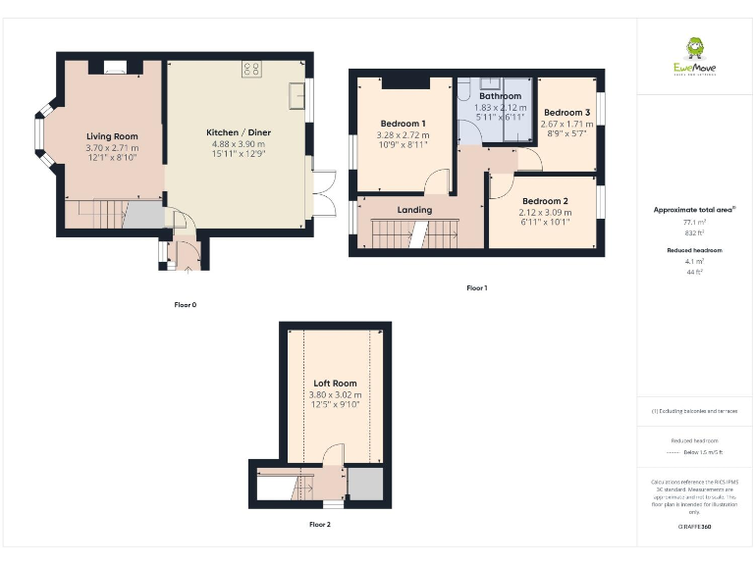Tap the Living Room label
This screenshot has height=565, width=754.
(112, 136)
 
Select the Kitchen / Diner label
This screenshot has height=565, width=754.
(238, 132)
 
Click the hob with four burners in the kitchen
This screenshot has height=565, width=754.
(250, 69)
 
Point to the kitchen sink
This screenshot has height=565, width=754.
(296, 96)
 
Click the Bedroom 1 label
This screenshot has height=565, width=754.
(404, 124)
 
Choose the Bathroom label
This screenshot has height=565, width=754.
(501, 96)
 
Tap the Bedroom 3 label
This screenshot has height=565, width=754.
(566, 113)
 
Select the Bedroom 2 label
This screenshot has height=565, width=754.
(546, 201)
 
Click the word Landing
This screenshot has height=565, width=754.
(414, 210)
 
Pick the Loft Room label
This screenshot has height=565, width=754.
(335, 384)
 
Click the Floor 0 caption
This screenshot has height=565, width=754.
(186, 305)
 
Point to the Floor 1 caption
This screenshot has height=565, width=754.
(477, 288)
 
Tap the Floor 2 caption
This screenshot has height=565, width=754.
(320, 525)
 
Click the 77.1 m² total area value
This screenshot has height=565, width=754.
(695, 223)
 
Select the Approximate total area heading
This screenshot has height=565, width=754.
(694, 210)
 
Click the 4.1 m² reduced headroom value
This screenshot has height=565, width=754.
(695, 262)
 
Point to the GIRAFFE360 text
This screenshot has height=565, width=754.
(695, 528)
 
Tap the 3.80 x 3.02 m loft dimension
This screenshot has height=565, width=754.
(335, 394)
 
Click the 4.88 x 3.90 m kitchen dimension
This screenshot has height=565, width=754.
(238, 143)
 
